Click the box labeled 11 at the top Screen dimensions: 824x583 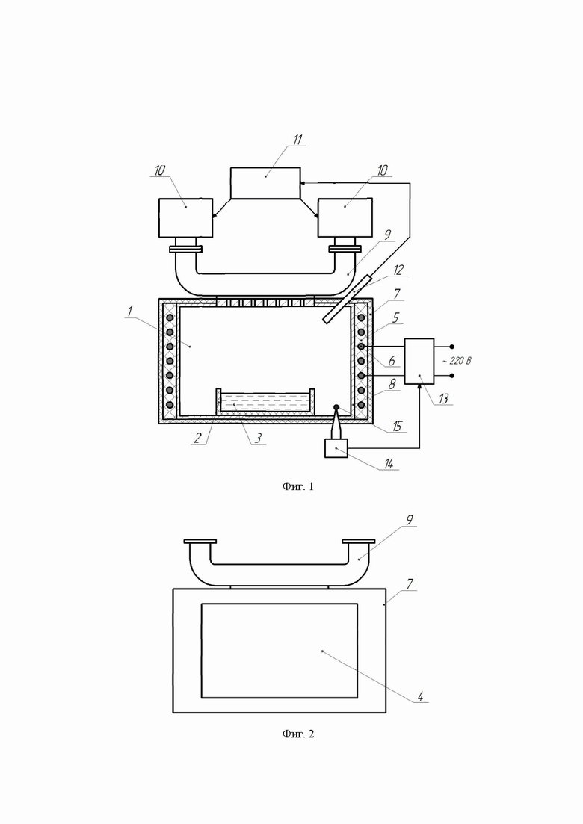click(265, 183)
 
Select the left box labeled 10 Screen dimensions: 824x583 click(185, 218)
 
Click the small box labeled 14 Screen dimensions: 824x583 click(336, 448)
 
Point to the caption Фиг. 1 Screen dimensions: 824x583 click(298, 487)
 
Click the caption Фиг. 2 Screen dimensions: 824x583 click(298, 734)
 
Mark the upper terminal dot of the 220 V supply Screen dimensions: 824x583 click(451, 347)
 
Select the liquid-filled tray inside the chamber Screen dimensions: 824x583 click(265, 403)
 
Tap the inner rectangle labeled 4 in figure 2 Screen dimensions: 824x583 click(279, 650)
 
